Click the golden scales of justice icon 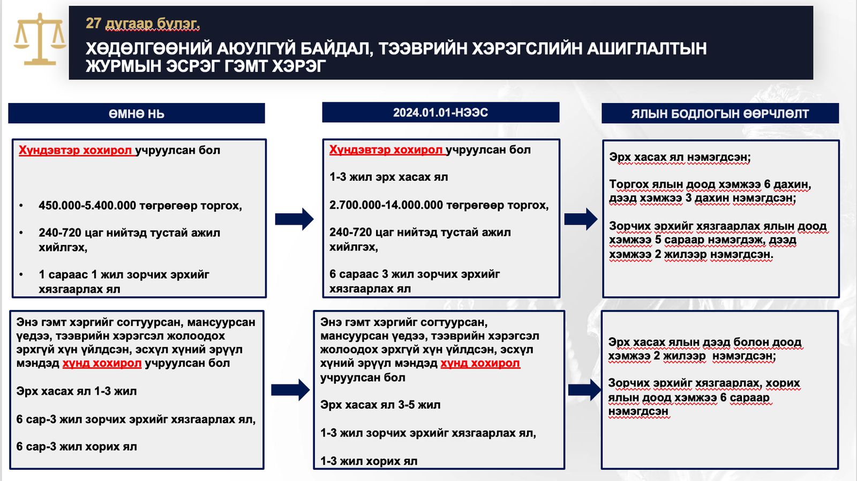click(40, 40)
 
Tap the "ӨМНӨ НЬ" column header click(137, 114)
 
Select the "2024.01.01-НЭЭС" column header click(440, 113)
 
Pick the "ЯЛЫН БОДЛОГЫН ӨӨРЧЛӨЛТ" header click(720, 114)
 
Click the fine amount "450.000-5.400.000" click(87, 205)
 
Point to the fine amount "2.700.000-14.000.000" click(386, 205)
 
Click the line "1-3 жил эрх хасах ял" click(388, 177)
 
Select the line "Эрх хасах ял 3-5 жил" click(380, 405)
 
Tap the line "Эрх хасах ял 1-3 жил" click(77, 391)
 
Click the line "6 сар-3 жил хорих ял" click(77, 446)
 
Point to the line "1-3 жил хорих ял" click(369, 461)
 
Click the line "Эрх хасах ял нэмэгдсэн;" click(680, 157)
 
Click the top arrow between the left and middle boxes click(294, 219)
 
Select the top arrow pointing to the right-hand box click(581, 219)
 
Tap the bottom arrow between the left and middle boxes click(290, 390)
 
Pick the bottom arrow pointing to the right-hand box click(584, 390)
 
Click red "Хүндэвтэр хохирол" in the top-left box click(75, 150)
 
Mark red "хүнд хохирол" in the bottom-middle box click(480, 363)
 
